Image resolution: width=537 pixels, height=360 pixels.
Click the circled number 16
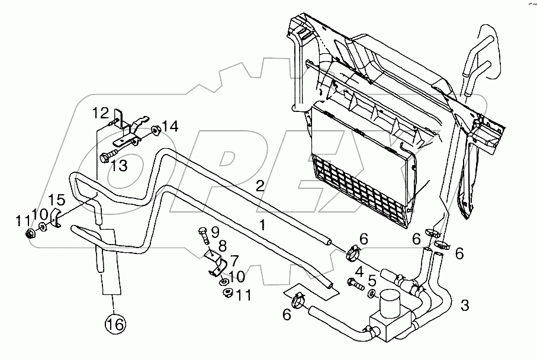pos(115,324)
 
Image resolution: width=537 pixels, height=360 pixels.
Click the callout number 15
pos(56,200)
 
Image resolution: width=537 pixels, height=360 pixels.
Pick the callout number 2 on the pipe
pos(261,187)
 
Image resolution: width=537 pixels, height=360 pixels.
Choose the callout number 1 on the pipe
pos(263,225)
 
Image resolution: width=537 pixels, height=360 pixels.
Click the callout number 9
pos(215,233)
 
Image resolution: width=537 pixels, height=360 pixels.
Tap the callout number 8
pos(223,246)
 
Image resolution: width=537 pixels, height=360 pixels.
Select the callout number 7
pos(234,261)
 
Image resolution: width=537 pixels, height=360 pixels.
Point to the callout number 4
pos(359,272)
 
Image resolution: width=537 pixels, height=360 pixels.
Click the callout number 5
pos(372,281)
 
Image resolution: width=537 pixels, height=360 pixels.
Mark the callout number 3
pos(464,305)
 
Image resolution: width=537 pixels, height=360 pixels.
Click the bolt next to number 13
pos(109,154)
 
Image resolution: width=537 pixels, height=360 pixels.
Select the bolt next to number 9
pos(204,236)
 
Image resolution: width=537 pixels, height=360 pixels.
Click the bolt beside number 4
pos(356,284)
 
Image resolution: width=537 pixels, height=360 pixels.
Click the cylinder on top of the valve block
pos(390,303)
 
